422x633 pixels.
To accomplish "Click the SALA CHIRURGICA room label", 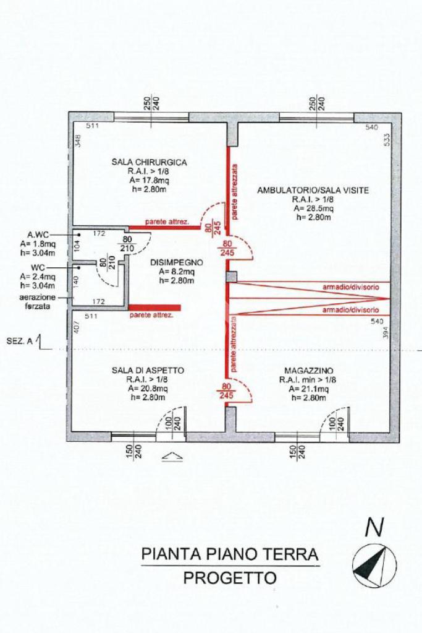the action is (149, 162).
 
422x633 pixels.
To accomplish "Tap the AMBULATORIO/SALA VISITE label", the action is (313, 191).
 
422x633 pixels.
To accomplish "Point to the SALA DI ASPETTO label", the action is (148, 370).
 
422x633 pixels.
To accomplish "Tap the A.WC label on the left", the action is (38, 235).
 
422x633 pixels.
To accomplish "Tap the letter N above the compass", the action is (374, 527).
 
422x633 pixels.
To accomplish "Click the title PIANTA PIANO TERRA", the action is (230, 553).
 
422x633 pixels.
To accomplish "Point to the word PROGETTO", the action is (230, 578).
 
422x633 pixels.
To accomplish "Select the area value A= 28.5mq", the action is (313, 209).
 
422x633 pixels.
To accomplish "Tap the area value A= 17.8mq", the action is (149, 180).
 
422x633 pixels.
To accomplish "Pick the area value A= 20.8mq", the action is (148, 388).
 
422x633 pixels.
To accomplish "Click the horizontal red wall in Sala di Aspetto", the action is (154, 308).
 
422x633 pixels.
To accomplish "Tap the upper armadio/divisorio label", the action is (350, 287).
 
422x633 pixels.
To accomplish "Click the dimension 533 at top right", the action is (386, 139).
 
